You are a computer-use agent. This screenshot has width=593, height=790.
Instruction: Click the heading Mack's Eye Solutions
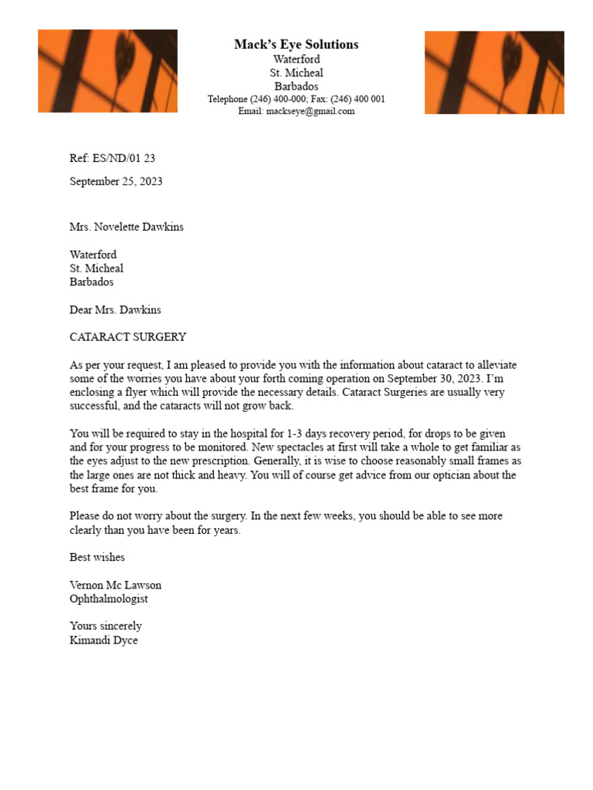pos(296,45)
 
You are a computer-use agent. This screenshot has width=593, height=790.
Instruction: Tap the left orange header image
pos(107,71)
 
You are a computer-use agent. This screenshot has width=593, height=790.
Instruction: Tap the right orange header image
pos(494,72)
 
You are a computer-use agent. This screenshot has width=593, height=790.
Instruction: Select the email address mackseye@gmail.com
pos(310,111)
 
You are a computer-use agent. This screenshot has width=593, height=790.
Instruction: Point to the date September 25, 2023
pos(116,182)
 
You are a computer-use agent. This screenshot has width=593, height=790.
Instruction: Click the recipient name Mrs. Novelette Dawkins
pos(127,227)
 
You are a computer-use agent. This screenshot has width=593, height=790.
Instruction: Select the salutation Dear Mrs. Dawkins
pos(115,310)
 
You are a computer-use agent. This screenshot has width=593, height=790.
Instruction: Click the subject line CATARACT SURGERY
pos(127,337)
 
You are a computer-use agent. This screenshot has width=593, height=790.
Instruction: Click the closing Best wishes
pos(97,557)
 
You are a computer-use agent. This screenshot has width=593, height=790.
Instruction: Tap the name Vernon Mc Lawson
pos(115,585)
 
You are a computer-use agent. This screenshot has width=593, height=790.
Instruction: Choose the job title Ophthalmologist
pos(109,599)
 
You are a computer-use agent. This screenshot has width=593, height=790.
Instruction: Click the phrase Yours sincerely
pos(106,626)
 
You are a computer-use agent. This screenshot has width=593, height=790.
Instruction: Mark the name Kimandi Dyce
pos(103,640)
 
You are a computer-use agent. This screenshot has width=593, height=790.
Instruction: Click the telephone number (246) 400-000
pos(279,100)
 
